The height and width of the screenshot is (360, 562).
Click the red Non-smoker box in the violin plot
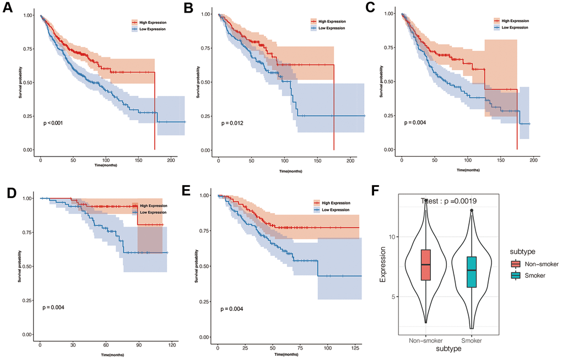425,265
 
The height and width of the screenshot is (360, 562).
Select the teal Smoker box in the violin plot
472,271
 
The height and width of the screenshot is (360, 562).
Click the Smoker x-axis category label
472,341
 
